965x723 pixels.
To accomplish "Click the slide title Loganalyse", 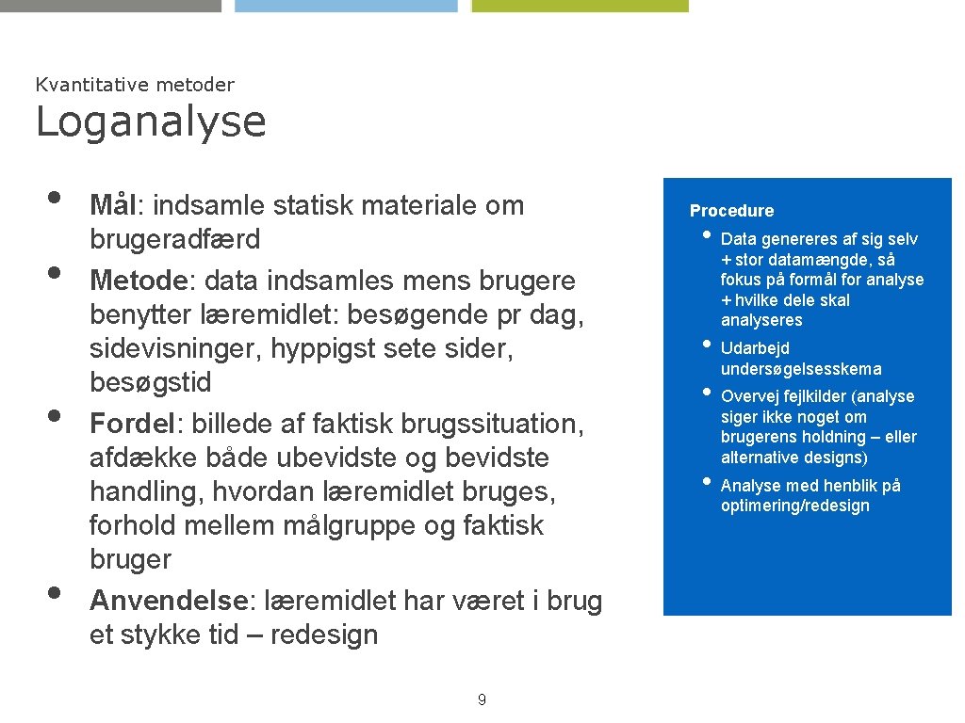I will tap(151, 122).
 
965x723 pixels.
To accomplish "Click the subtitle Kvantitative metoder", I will tap(135, 85).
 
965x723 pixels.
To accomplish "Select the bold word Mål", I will tap(113, 205).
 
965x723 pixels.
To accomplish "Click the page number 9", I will tap(482, 699).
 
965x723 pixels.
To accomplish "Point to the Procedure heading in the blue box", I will tap(731, 211).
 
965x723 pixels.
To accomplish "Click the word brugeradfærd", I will tap(174, 240).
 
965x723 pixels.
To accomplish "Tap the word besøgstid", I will tap(151, 383).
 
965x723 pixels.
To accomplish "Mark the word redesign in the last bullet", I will tap(324, 635).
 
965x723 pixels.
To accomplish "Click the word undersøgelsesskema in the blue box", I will tap(801, 369).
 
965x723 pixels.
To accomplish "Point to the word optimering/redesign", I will tap(794, 506).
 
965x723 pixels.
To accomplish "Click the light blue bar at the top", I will tap(346, 5).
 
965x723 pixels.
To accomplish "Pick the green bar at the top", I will tap(580, 5).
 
